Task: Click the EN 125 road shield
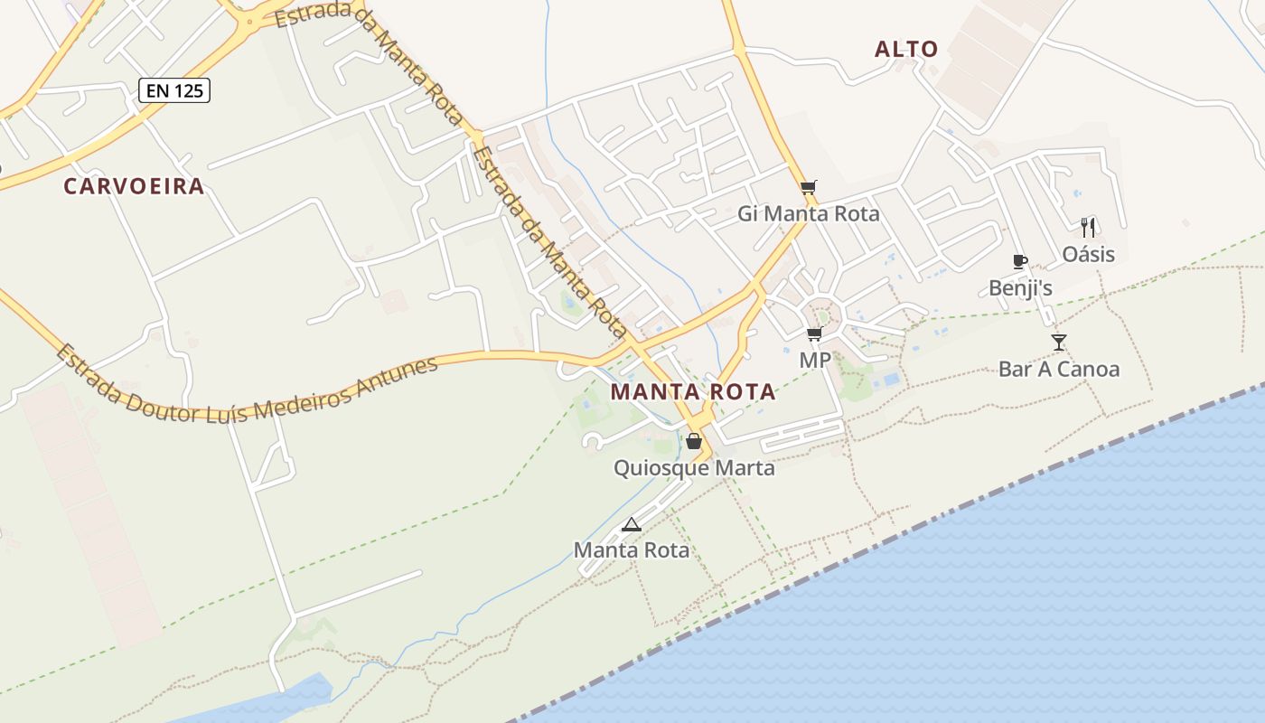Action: (174, 90)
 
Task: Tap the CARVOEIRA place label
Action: (134, 187)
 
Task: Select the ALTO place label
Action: (906, 50)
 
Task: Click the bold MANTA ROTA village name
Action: (693, 392)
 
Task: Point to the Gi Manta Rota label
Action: (808, 214)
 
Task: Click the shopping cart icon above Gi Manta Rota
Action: (808, 187)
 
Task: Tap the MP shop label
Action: (814, 361)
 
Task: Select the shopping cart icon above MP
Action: (814, 334)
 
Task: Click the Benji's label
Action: (1020, 288)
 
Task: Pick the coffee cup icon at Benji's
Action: (1020, 262)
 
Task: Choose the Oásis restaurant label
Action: (1088, 254)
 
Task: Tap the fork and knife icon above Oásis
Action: (1088, 227)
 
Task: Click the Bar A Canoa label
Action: (1058, 369)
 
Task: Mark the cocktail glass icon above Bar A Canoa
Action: (1058, 342)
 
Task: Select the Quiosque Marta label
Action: (694, 468)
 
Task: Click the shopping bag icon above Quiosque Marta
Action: (693, 441)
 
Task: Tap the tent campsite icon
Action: (631, 524)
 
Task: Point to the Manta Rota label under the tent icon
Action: (631, 549)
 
